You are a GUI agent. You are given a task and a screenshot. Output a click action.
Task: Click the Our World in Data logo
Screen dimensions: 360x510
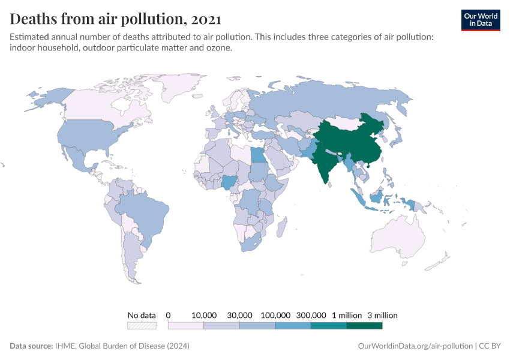pos(480,20)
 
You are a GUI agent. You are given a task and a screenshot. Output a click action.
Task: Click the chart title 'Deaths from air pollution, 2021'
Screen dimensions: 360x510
pos(107,19)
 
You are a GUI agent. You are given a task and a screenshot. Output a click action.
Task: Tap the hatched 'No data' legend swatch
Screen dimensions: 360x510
pos(142,326)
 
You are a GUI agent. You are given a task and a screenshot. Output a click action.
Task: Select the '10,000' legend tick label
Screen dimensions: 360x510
pos(204,315)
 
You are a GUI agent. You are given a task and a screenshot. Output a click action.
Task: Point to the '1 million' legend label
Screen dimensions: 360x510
pos(346,315)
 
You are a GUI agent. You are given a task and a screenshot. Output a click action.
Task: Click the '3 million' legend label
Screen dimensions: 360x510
pos(382,315)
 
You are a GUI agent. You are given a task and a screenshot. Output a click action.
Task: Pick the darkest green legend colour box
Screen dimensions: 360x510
pos(364,326)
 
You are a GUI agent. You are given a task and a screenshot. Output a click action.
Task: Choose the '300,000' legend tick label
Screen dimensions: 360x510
pos(311,315)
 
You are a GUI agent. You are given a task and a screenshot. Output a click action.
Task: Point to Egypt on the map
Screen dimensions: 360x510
pos(257,155)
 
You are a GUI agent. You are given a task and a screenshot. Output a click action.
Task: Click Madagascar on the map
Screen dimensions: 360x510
pos(281,229)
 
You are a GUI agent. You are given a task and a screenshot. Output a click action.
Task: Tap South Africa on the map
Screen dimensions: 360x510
pos(253,244)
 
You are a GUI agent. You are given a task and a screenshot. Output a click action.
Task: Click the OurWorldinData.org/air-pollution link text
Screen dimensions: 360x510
pos(414,346)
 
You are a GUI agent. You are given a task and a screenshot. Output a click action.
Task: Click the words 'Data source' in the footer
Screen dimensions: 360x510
pos(30,346)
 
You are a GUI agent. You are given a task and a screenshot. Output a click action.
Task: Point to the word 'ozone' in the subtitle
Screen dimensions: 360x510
pos(218,48)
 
